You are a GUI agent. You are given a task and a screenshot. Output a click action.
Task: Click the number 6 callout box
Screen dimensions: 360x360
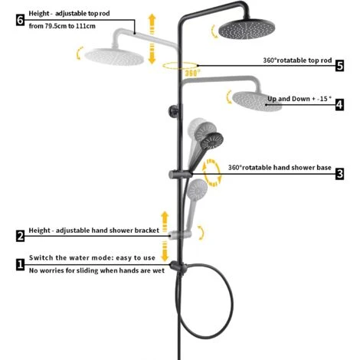tap(20, 20)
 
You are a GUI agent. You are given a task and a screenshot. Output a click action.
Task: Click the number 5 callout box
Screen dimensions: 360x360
tap(339, 66)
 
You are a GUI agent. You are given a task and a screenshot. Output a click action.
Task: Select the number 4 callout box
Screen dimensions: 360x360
tap(339, 105)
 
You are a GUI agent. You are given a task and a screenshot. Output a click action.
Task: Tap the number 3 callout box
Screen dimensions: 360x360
tap(339, 174)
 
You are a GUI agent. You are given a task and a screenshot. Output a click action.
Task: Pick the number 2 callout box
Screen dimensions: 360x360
tap(20, 236)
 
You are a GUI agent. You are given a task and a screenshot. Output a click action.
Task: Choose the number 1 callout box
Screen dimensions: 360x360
tap(20, 264)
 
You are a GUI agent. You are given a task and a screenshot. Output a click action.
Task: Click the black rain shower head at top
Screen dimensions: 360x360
tap(247, 28)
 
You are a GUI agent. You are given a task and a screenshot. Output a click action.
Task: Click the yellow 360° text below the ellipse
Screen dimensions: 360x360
tap(192, 74)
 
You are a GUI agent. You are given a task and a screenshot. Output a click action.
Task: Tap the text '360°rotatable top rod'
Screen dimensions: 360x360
tap(297, 61)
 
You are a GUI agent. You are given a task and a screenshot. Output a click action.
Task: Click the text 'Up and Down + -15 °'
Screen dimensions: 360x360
tap(299, 99)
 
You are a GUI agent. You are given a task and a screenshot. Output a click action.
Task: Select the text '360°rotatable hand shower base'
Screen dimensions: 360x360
tap(280, 168)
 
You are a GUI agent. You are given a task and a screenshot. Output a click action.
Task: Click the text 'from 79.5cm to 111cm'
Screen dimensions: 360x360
tap(62, 26)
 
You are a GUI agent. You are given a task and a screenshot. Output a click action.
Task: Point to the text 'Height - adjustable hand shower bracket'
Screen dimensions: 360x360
tap(94, 231)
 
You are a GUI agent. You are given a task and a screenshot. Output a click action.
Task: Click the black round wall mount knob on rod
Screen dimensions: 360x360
tap(174, 111)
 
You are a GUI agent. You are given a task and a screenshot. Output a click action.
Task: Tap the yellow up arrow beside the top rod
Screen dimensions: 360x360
tap(152, 24)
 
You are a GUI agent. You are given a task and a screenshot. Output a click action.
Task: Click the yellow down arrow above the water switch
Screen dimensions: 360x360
tap(165, 252)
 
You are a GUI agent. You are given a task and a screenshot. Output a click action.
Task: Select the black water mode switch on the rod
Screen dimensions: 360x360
tap(178, 267)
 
